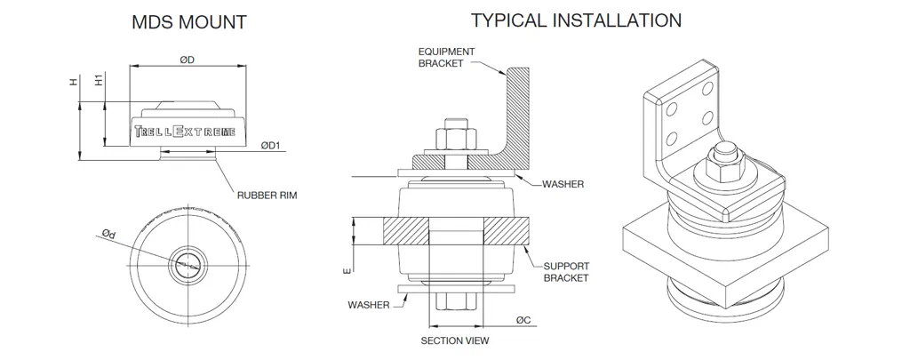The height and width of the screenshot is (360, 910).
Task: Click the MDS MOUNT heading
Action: tap(189, 23)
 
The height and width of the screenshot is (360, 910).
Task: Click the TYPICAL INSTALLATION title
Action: tap(577, 20)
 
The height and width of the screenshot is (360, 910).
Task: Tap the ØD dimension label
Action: tap(187, 60)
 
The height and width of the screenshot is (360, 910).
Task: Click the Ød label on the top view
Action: tap(108, 234)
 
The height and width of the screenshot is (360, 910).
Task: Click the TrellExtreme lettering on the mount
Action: tap(186, 132)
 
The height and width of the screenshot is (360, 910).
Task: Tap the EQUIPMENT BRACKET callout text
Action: tap(446, 58)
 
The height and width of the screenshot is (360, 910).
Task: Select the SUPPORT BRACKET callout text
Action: tap(566, 272)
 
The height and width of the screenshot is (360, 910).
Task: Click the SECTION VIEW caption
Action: tap(454, 340)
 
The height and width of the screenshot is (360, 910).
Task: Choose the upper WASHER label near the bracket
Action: tap(563, 184)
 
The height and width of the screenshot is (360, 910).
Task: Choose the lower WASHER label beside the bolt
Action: tap(369, 305)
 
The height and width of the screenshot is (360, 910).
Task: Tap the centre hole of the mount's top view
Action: tap(187, 261)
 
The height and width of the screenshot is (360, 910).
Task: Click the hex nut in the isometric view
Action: tap(723, 165)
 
